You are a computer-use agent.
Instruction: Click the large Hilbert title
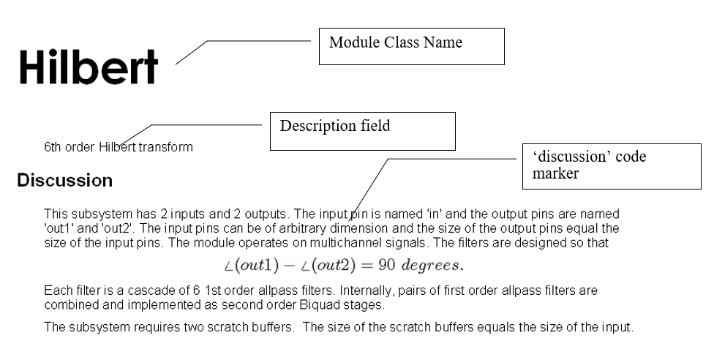click(x=89, y=67)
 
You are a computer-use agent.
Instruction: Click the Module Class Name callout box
click(x=412, y=46)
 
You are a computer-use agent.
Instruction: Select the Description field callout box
click(x=363, y=131)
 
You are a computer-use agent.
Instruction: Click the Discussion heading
click(x=65, y=180)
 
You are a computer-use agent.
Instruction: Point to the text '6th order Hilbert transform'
click(x=119, y=147)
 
